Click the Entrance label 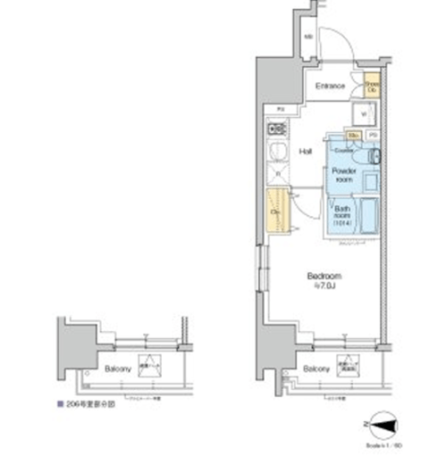click(x=329, y=87)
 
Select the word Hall click(x=305, y=151)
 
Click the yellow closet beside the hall click(x=276, y=211)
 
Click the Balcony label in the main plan click(x=314, y=368)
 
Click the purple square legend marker click(x=60, y=403)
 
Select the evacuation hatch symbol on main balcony click(x=344, y=366)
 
